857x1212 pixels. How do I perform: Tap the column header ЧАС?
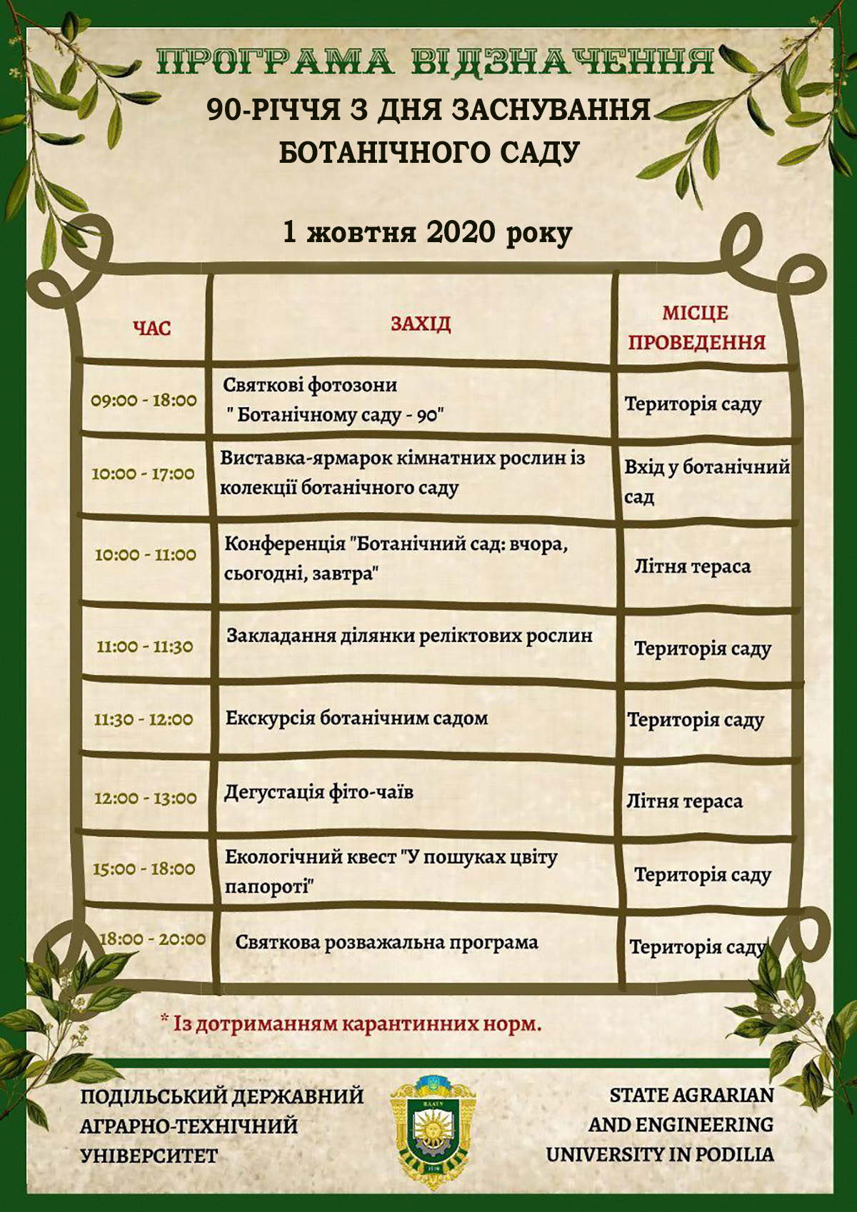(152, 328)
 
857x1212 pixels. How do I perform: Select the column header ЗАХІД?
(421, 324)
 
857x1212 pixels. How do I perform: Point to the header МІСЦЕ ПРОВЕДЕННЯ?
(696, 328)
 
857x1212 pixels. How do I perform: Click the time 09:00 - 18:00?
(144, 400)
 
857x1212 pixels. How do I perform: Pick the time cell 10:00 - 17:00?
(144, 474)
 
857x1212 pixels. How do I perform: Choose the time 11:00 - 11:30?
(145, 647)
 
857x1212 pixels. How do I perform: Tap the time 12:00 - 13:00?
(146, 798)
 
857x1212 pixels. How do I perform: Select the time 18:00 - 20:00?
(152, 939)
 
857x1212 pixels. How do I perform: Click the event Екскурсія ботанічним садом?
(357, 718)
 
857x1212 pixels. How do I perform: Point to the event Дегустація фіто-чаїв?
(319, 792)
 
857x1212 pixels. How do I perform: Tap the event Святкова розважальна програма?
(386, 942)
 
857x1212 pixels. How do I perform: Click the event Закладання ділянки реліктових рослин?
(409, 636)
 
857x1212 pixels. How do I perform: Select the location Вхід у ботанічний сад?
(706, 481)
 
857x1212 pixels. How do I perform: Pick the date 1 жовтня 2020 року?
(427, 233)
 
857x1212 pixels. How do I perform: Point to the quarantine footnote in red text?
(351, 1023)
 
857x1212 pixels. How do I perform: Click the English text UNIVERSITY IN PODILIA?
(660, 1154)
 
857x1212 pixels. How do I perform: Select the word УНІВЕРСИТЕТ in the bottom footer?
(149, 1156)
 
